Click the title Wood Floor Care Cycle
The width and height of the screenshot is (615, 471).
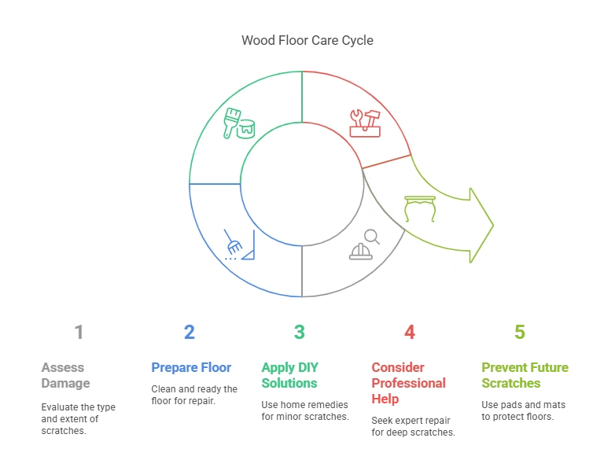307,40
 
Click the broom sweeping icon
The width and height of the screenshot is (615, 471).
239,245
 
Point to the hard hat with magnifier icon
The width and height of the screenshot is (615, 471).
364,245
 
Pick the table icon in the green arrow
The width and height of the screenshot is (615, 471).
419,209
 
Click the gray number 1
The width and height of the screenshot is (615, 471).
79,333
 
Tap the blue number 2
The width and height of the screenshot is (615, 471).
189,333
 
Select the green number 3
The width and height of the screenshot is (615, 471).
299,333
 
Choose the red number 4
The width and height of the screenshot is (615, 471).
409,333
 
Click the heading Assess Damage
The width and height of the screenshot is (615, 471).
65,375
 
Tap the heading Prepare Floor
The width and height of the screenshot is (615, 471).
191,367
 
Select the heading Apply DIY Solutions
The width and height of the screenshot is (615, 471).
289,375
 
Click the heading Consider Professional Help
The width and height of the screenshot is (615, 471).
408,383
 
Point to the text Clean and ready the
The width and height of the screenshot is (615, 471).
194,389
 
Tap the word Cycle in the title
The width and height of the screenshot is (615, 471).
356,40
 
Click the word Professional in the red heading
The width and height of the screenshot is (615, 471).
408,383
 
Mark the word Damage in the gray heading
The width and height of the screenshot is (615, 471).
65,383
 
